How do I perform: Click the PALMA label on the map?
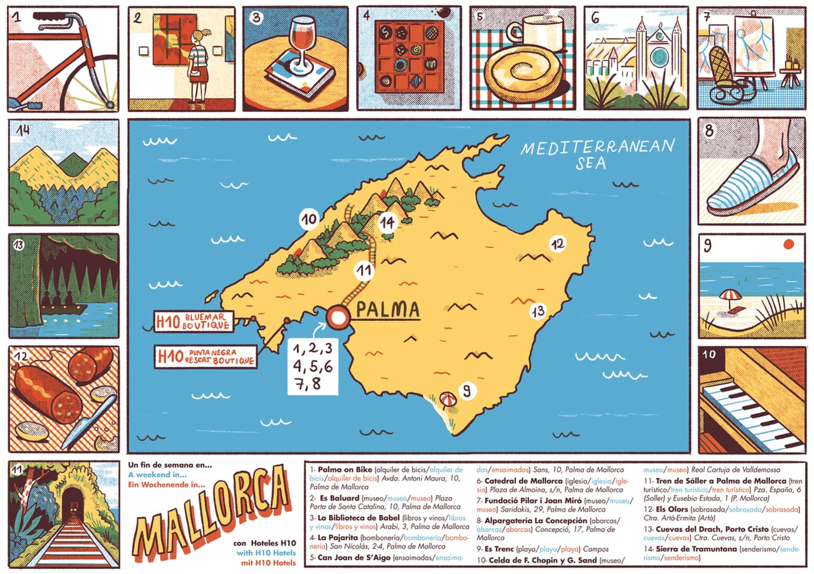click(x=387, y=310)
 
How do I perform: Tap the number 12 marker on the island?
click(x=558, y=243)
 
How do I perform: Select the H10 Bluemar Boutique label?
click(x=193, y=321)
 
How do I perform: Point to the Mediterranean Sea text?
click(x=597, y=153)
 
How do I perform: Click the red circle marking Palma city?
click(x=338, y=316)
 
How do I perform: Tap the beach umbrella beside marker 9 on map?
click(x=448, y=399)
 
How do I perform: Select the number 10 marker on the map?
click(x=309, y=220)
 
